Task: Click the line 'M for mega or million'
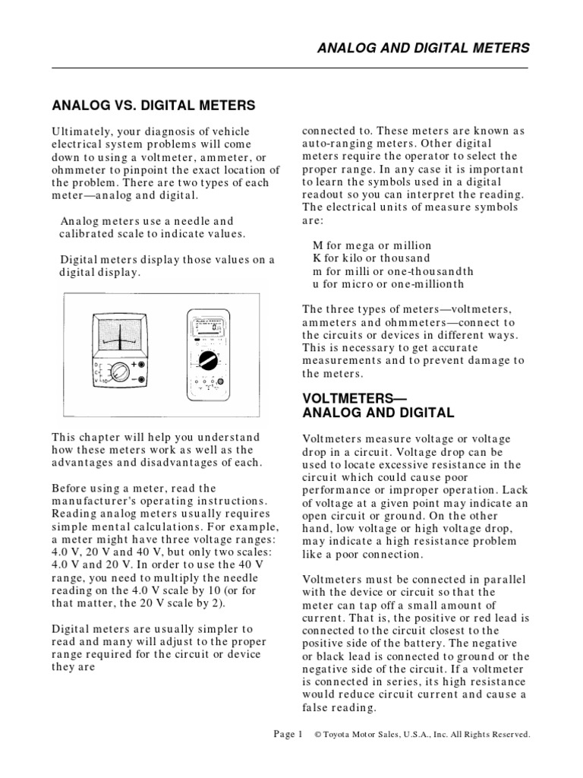pos(372,245)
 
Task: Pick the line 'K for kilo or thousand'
pos(371,258)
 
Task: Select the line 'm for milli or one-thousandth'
pos(393,271)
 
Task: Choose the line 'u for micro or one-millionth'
pos(388,284)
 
